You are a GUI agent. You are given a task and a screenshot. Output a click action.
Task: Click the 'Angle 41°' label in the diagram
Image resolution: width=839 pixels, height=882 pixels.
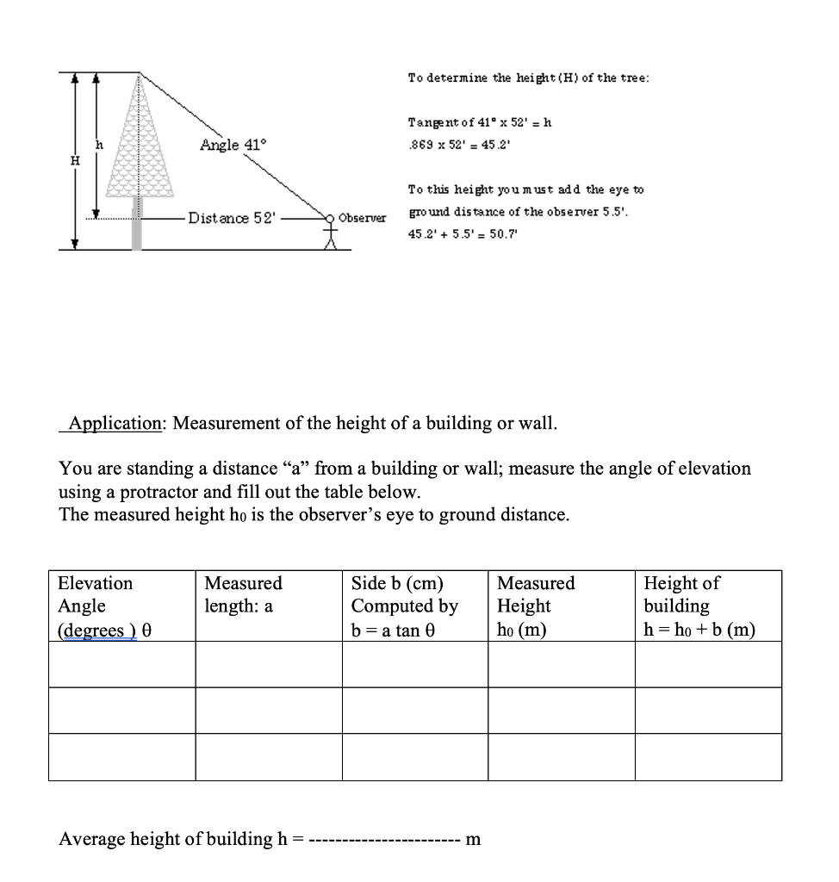coord(229,145)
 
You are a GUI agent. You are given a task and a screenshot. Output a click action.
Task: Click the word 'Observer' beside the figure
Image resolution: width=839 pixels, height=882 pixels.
coord(362,217)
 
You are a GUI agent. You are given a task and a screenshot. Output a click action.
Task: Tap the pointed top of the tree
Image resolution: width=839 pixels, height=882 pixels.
coord(137,76)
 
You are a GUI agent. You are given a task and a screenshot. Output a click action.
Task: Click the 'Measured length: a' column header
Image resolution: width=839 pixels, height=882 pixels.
coord(243,595)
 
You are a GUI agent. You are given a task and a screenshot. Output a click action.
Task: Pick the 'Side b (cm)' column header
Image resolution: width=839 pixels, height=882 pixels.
coord(393,583)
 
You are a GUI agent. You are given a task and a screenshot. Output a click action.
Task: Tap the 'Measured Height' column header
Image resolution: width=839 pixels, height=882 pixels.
coord(536,595)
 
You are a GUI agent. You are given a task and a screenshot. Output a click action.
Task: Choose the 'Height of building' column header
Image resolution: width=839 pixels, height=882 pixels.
coord(681,594)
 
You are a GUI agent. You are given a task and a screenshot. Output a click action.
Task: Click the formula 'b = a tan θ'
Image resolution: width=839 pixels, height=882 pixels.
coord(394,630)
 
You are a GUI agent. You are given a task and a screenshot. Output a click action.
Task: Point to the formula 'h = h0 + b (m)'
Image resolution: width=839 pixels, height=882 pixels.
coord(699,630)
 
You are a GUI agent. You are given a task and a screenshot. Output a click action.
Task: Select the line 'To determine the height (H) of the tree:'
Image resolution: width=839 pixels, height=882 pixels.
coord(528,78)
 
